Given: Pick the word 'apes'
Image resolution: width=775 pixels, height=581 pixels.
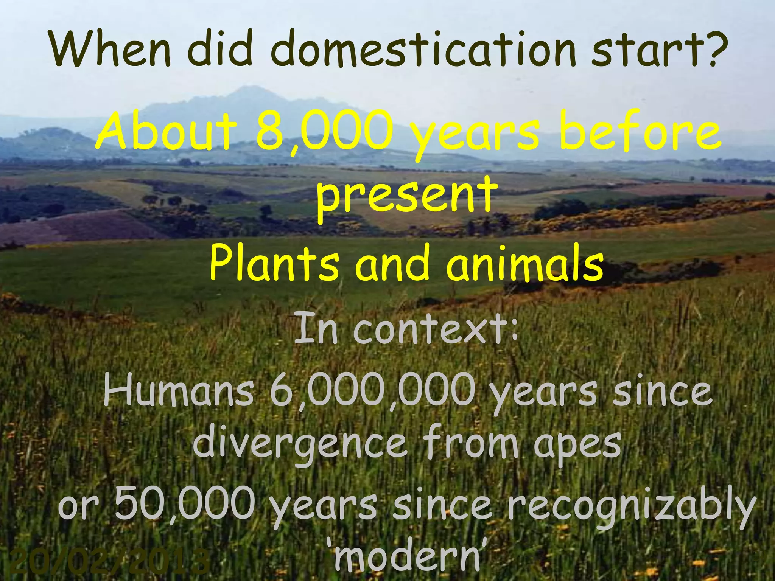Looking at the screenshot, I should pyautogui.click(x=577, y=443).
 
